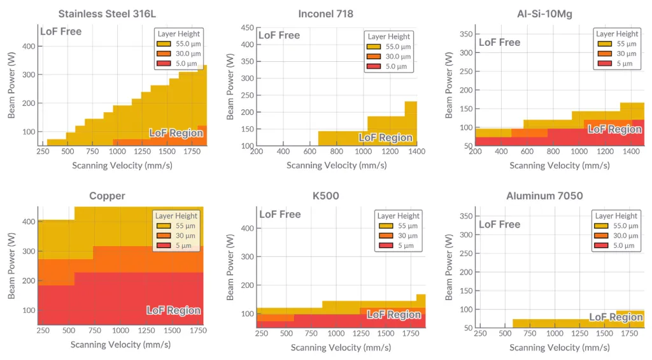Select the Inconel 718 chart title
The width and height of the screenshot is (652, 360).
point(325,13)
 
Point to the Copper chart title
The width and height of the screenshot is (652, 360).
point(108,196)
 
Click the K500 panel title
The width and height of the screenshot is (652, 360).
point(325,196)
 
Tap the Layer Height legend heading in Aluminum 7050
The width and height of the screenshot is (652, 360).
point(616,216)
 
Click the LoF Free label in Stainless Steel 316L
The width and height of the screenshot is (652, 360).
point(61,31)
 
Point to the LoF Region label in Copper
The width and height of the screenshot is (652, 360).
point(174,310)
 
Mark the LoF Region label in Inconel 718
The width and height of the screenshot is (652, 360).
point(385,138)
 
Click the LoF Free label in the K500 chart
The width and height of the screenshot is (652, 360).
point(280,214)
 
